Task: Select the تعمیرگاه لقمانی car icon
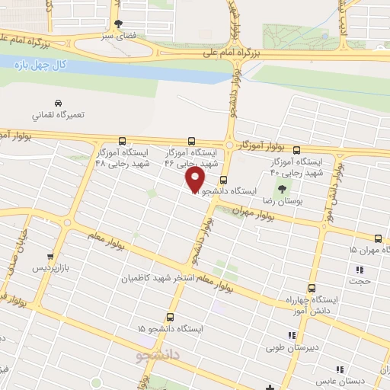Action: coord(58,103)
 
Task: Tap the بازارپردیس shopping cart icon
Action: coord(50,257)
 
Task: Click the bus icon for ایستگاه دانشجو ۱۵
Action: coord(170,317)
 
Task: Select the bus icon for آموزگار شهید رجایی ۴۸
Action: coord(123,141)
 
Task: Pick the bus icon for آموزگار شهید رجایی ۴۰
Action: coord(297,150)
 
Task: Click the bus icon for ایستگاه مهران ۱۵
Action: coord(379,238)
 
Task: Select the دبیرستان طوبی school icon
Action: coord(290,335)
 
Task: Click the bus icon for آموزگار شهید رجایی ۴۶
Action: coord(190,141)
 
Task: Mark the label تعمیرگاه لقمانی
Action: coord(59,116)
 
